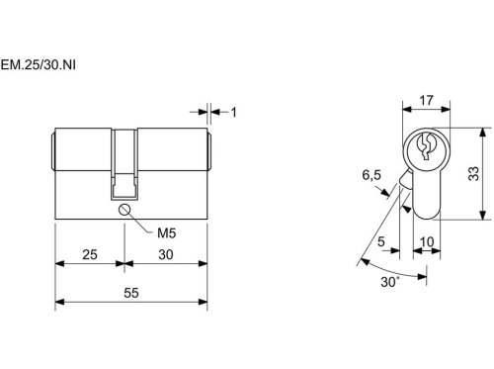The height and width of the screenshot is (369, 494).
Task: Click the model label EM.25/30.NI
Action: click(39, 64)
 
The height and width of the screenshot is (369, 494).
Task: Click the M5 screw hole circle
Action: click(124, 210)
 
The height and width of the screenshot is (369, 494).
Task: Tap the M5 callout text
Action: click(166, 233)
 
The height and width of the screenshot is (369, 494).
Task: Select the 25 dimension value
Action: click(90, 254)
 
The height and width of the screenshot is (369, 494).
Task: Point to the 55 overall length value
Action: click(131, 293)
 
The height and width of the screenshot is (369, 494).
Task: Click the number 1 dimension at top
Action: click(233, 113)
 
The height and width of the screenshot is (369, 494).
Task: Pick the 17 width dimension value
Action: click(426, 100)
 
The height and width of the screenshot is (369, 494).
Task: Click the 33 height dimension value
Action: click(473, 173)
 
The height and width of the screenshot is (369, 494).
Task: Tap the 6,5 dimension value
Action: click(371, 175)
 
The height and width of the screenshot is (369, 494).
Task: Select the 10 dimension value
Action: click(427, 242)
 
